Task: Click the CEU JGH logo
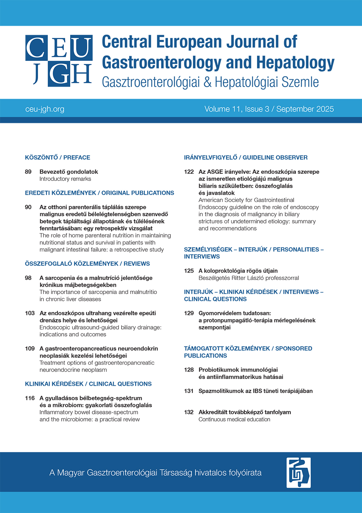[x=59, y=61]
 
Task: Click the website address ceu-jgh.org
[x=45, y=109]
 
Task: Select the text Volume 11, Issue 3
[x=237, y=109]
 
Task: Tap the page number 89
[x=28, y=172]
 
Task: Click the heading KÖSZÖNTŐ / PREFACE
[x=58, y=158]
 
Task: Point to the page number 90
[x=28, y=207]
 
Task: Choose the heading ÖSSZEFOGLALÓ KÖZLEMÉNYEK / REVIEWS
[x=87, y=264]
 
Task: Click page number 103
[x=30, y=313]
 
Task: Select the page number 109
[x=30, y=349]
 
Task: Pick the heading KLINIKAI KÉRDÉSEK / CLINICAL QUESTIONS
[x=88, y=384]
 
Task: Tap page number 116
[x=30, y=398]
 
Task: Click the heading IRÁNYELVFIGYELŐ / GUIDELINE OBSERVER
[x=246, y=158]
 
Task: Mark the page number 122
[x=189, y=172]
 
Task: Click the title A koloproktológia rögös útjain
[x=238, y=271]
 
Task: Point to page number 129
[x=189, y=313]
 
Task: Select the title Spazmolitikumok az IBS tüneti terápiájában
[x=256, y=391]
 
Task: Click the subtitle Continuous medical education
[x=234, y=419]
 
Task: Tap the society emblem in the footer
[x=298, y=472]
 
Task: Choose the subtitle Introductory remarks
[x=65, y=179]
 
